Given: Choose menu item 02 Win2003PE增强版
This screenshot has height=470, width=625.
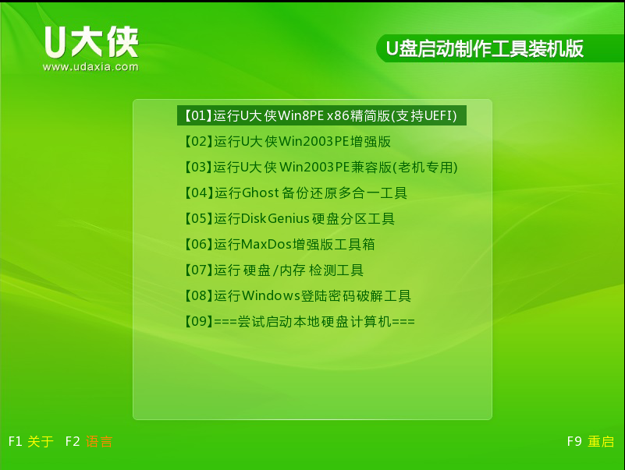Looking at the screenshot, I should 286,141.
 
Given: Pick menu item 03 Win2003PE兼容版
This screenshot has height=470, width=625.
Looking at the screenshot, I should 319,167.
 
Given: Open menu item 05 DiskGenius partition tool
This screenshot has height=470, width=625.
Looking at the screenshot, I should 288,218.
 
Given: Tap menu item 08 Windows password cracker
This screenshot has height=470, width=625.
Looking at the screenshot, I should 296,295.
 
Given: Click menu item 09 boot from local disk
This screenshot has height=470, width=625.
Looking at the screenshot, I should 298,321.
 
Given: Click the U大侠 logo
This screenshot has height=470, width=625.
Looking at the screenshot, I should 91,43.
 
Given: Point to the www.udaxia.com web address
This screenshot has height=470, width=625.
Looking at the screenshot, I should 91,67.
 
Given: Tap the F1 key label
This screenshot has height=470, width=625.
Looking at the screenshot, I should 16,441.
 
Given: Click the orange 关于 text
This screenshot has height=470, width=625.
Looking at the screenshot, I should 41,442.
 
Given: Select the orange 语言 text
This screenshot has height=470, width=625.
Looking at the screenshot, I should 99,442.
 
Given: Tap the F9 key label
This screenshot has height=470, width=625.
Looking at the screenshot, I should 574,441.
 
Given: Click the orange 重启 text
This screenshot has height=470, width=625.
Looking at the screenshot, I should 601,442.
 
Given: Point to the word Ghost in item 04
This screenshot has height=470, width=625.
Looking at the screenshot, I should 260,193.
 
